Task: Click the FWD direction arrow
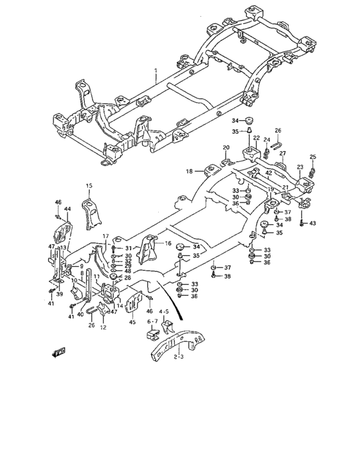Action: point(60,351)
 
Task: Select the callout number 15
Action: point(89,186)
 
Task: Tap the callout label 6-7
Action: point(152,321)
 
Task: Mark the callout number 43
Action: point(312,223)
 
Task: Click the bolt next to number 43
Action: point(301,222)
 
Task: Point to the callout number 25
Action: point(313,157)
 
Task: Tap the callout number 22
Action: point(255,138)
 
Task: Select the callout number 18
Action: point(190,171)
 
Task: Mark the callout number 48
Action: point(128,271)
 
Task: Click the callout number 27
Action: point(282,154)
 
